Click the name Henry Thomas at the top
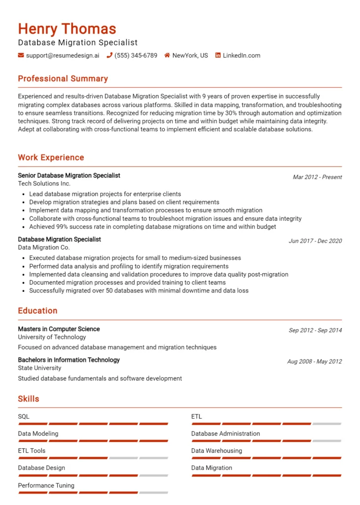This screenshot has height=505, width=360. [x=67, y=29]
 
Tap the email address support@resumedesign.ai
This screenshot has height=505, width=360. [x=62, y=56]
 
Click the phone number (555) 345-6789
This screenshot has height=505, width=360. [x=136, y=56]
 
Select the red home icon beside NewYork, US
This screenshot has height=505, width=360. [x=167, y=56]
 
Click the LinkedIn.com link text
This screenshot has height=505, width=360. [x=241, y=56]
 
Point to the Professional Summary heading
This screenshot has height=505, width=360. [x=63, y=79]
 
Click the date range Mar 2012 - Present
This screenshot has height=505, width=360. [x=317, y=177]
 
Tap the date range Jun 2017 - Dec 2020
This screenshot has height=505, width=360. [x=315, y=241]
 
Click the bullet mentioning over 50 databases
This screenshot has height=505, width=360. [x=139, y=291]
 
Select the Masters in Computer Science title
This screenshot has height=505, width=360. [x=59, y=329]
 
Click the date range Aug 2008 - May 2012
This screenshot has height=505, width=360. [x=314, y=361]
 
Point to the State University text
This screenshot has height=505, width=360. [x=39, y=368]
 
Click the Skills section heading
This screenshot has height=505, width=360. [x=29, y=399]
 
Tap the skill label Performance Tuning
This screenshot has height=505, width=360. [x=46, y=485]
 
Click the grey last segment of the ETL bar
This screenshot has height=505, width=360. [x=326, y=424]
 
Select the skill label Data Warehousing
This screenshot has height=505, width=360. [x=216, y=451]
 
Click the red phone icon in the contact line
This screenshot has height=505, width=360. [x=109, y=56]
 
